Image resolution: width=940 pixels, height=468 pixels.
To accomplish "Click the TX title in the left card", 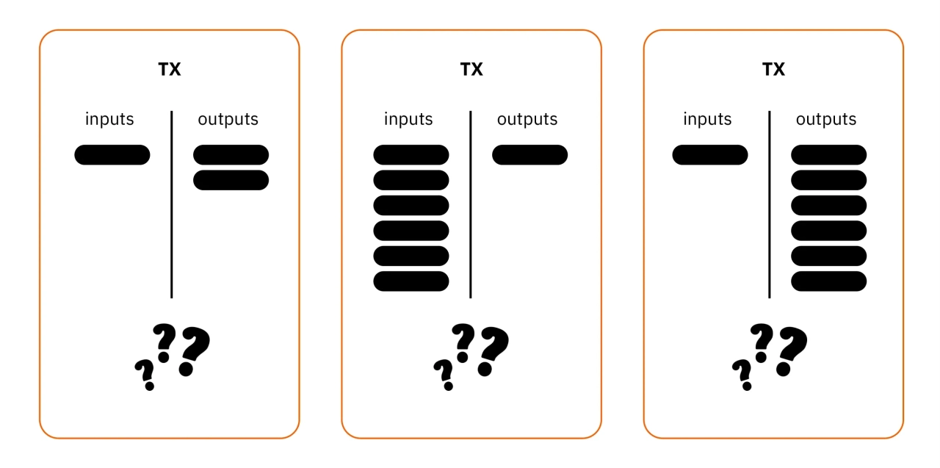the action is pos(170,69).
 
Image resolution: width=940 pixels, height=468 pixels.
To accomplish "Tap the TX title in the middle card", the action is pos(471,69).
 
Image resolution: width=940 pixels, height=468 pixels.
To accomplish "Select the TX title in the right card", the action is pos(773,69).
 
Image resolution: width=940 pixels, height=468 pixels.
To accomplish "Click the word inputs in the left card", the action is pos(109,119).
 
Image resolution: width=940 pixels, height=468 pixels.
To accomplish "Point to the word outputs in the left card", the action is pos(228,120).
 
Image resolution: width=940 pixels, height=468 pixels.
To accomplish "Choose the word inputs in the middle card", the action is pos(408,119).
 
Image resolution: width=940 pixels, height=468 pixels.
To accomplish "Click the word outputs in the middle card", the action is pos(527,120).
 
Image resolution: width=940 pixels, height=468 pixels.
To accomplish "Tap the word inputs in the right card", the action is pos(707,119).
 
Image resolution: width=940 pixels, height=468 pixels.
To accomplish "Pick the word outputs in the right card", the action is pos(826,120).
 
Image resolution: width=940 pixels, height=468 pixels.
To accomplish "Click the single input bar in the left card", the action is pos(112,155).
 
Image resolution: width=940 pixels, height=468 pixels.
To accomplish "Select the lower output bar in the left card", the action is pos(231,180).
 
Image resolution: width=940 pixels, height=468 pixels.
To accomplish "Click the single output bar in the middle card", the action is pos(530,155).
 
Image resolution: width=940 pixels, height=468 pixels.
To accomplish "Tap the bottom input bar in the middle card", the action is pos(411,281).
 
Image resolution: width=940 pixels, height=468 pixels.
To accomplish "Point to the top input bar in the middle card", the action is pos(411,155).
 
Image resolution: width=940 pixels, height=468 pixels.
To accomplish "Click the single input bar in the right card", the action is pos(710,155).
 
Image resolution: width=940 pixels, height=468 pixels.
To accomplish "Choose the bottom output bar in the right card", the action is pos(829,281).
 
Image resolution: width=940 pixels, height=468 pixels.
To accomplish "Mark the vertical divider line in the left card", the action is pos(172,204).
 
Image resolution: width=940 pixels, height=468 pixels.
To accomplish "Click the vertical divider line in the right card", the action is pos(770,204).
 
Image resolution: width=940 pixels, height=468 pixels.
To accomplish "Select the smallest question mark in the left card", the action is pos(146,375).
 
